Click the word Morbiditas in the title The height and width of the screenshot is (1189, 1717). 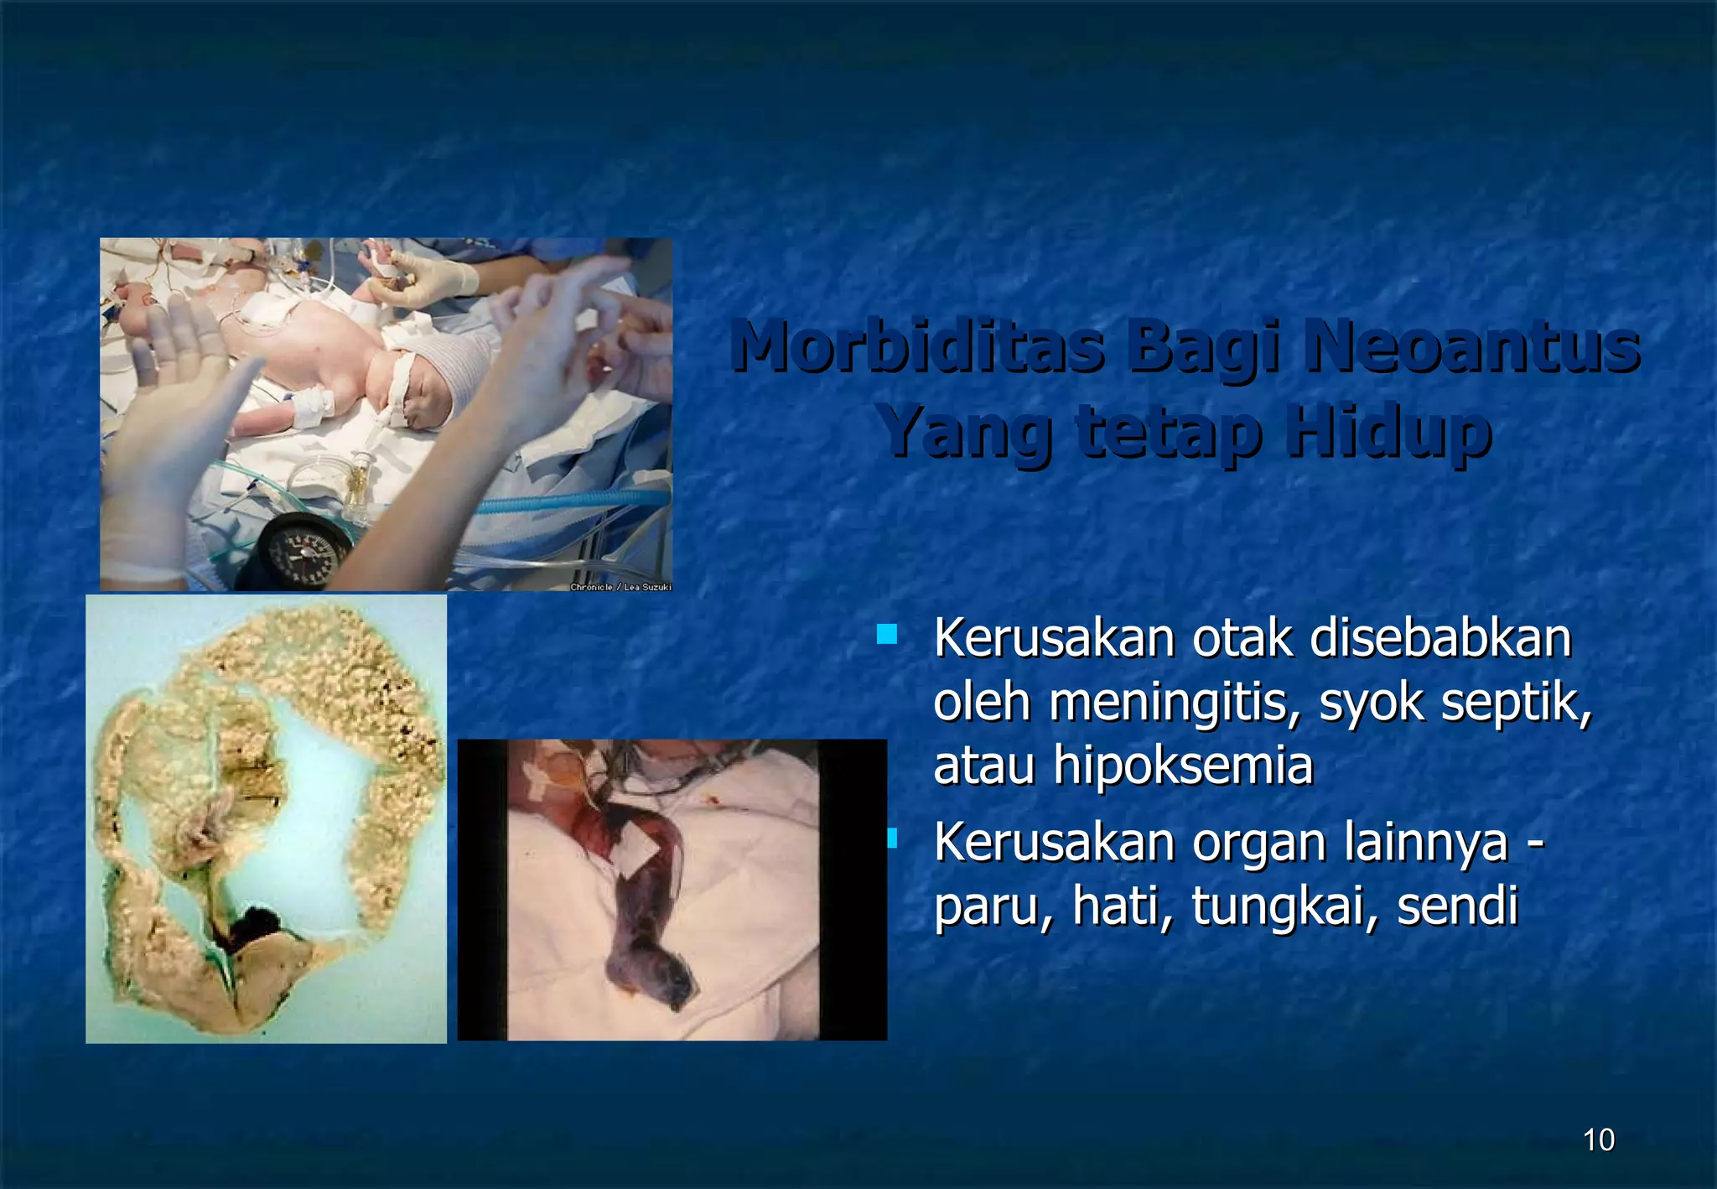tap(916, 346)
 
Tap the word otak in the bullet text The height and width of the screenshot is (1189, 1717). tap(1244, 638)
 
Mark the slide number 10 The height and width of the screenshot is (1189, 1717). tap(1599, 1140)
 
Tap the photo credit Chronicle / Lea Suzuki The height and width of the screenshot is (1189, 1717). tap(620, 587)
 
